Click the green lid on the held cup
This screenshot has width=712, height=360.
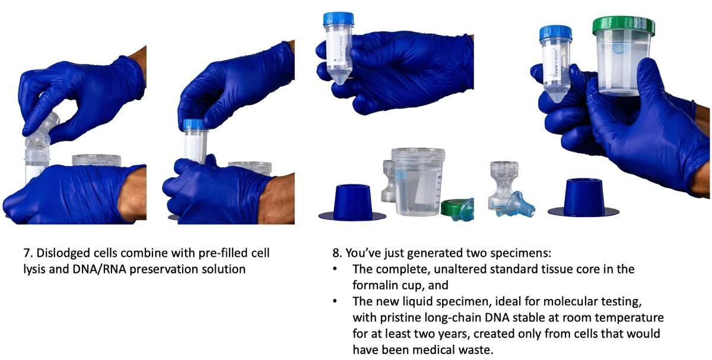pyautogui.click(x=624, y=26)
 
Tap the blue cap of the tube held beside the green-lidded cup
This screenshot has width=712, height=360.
pyautogui.click(x=555, y=33)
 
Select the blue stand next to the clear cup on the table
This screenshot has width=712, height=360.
pyautogui.click(x=352, y=202)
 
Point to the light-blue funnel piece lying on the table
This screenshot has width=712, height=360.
pyautogui.click(x=516, y=204)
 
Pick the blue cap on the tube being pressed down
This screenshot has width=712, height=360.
pyautogui.click(x=194, y=125)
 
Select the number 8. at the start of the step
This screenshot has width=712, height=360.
pyautogui.click(x=337, y=253)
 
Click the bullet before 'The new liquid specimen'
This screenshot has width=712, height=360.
pyautogui.click(x=335, y=301)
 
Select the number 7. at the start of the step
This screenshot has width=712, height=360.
pyautogui.click(x=28, y=253)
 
